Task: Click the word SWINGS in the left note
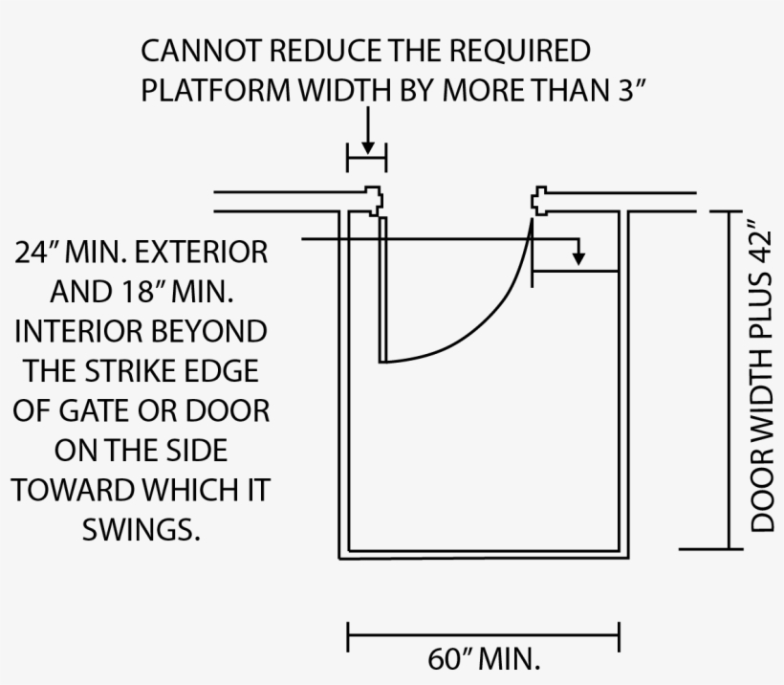pyautogui.click(x=141, y=529)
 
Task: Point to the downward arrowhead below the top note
pyautogui.click(x=367, y=146)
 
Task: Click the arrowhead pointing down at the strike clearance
pyautogui.click(x=577, y=257)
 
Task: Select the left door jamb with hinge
pyautogui.click(x=373, y=199)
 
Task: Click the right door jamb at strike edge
pyautogui.click(x=539, y=200)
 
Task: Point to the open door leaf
pyautogui.click(x=381, y=287)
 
